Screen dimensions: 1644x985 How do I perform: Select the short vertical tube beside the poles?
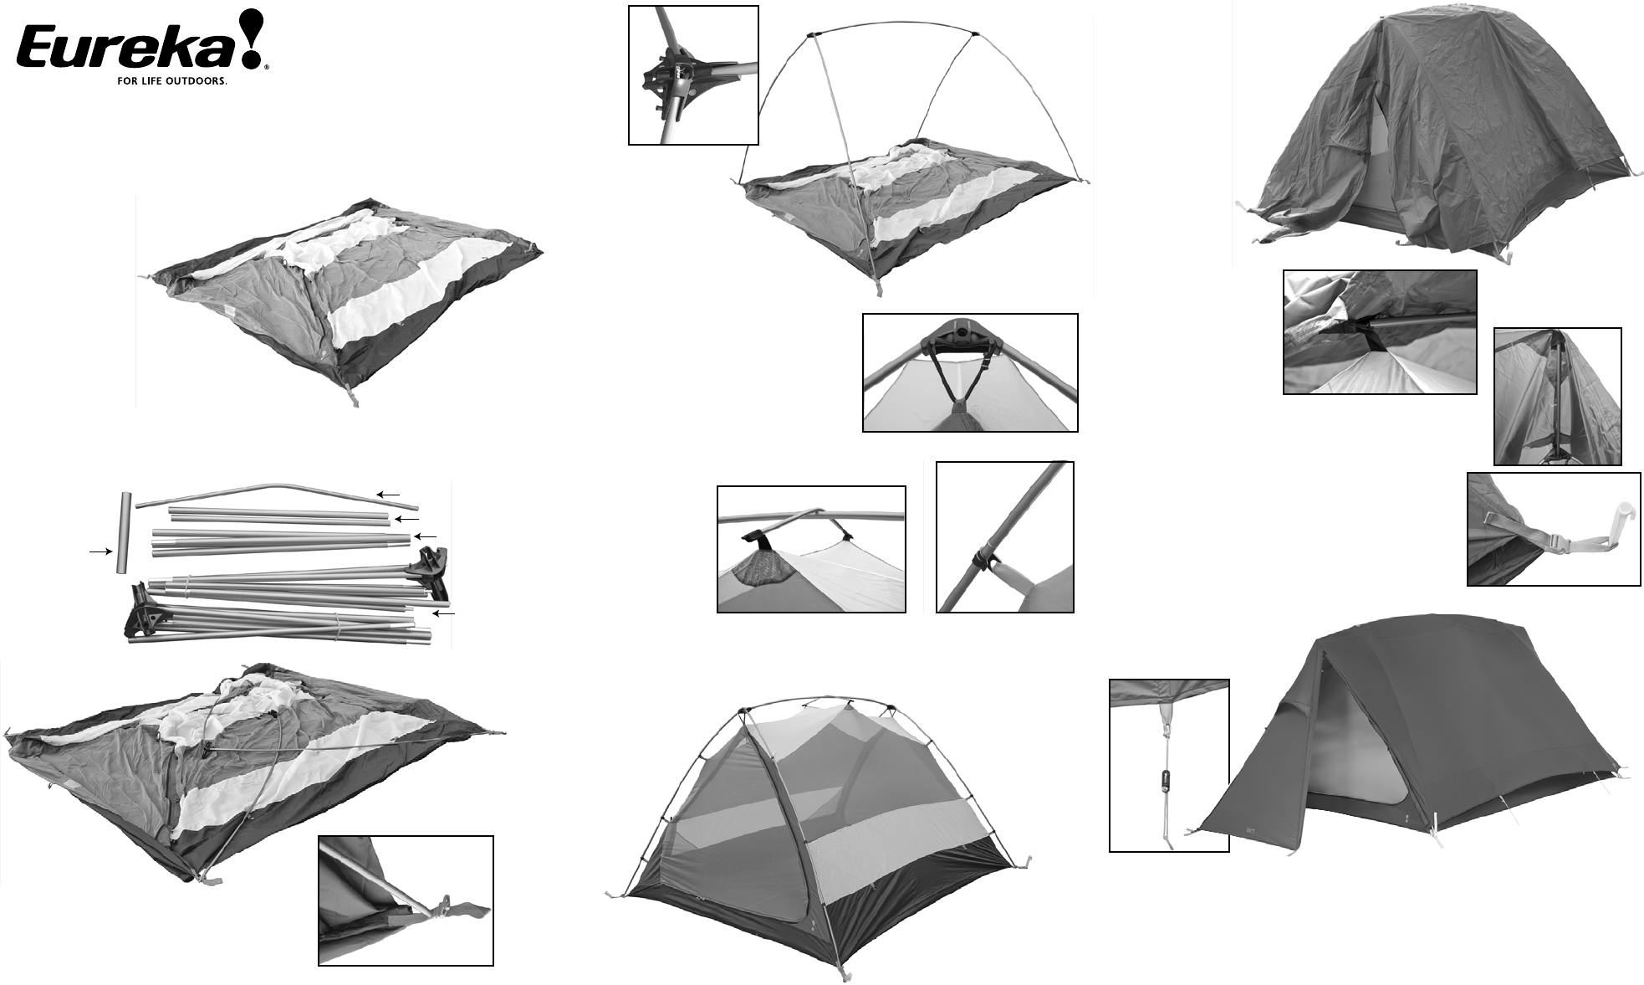point(122,533)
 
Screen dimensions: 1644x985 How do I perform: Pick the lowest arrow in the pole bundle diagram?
point(444,614)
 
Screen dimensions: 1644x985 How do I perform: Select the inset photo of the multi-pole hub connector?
point(693,75)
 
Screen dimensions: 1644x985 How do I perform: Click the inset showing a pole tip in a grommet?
point(406,900)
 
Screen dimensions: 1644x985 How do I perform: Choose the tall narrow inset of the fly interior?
point(1557,396)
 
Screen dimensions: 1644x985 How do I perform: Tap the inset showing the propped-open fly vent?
point(1379,331)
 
